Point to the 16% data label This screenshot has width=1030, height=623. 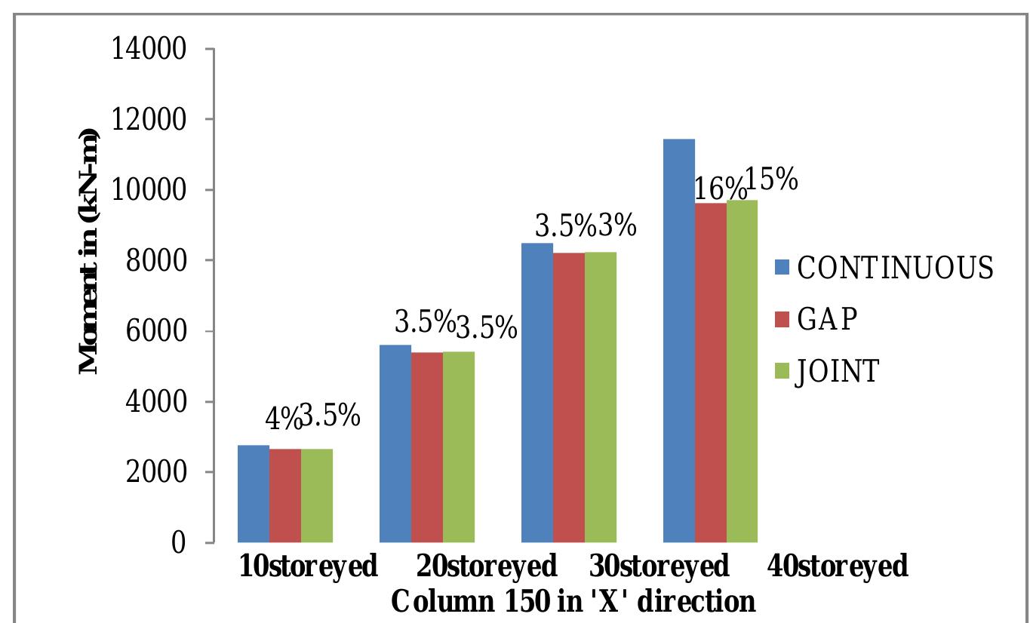pos(711,189)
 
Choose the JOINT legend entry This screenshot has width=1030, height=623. pos(826,371)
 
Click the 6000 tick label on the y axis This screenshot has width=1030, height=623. pos(156,332)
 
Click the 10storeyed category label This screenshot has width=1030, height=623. pos(308,566)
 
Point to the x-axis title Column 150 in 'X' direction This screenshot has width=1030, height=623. pos(573,601)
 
